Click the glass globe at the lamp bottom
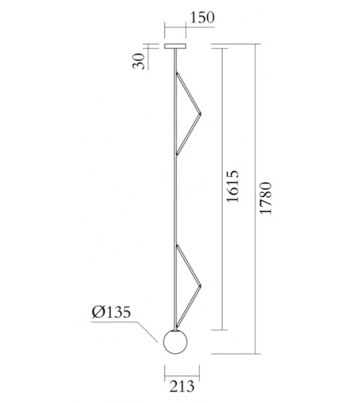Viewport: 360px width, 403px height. [x=175, y=342]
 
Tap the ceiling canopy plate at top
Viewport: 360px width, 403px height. [x=175, y=46]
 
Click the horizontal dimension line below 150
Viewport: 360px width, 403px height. [x=176, y=28]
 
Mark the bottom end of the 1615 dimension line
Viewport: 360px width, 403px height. [x=221, y=330]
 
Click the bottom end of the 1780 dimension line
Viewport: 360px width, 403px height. [x=256, y=354]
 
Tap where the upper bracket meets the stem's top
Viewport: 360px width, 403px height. [x=176, y=73]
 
